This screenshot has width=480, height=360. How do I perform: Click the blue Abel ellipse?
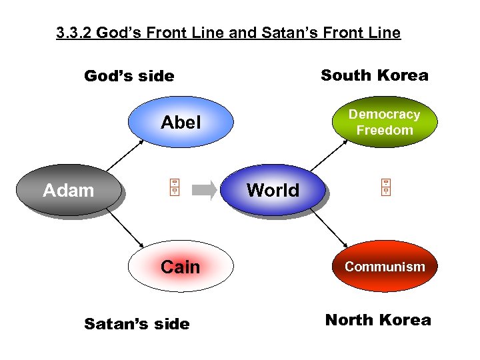181,123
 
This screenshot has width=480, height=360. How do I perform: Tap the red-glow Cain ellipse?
181,267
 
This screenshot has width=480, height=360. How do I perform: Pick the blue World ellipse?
273,190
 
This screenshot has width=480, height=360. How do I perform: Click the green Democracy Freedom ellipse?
385,123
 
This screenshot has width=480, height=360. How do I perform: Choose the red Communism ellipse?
385,267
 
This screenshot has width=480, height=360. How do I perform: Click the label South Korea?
375,75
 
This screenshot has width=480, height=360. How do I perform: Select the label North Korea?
378,320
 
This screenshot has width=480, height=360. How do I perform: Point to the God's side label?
129,77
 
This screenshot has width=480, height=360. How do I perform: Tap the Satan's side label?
137,324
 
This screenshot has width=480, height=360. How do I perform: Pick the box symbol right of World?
385,189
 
